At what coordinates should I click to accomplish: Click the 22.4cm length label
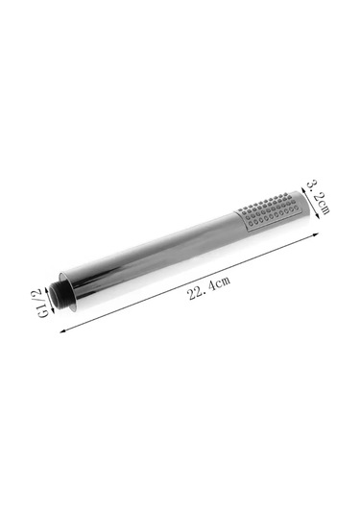tap(209, 288)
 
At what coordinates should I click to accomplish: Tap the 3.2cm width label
tap(318, 197)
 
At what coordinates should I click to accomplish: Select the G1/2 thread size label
tap(43, 303)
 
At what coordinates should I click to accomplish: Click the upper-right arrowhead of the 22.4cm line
tap(316, 234)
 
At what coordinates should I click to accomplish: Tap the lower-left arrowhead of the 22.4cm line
tap(62, 330)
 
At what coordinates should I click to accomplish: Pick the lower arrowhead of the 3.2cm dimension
tap(317, 214)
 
